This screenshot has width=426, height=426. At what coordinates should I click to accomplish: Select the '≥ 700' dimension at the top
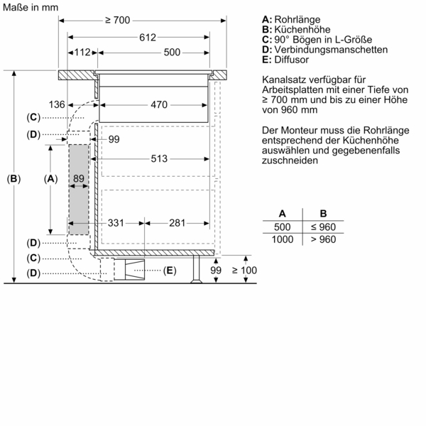pyautogui.click(x=116, y=21)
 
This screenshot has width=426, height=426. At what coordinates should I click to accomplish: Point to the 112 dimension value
pyautogui.click(x=83, y=53)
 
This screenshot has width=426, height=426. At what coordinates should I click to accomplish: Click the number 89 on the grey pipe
pyautogui.click(x=78, y=180)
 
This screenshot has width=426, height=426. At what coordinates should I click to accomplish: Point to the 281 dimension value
pyautogui.click(x=177, y=224)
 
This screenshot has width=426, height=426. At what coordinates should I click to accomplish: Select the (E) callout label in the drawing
pyautogui.click(x=169, y=271)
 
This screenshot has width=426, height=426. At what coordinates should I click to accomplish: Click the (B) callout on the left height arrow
pyautogui.click(x=13, y=179)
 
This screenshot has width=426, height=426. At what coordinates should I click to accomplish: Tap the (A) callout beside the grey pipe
pyautogui.click(x=50, y=179)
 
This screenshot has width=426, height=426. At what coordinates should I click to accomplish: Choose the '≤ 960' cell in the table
pyautogui.click(x=322, y=226)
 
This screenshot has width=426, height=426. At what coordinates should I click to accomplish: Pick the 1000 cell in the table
pyautogui.click(x=282, y=239)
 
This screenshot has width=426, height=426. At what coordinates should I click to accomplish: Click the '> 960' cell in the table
pyautogui.click(x=322, y=239)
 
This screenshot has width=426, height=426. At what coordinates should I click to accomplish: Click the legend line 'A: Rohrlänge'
pyautogui.click(x=291, y=18)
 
